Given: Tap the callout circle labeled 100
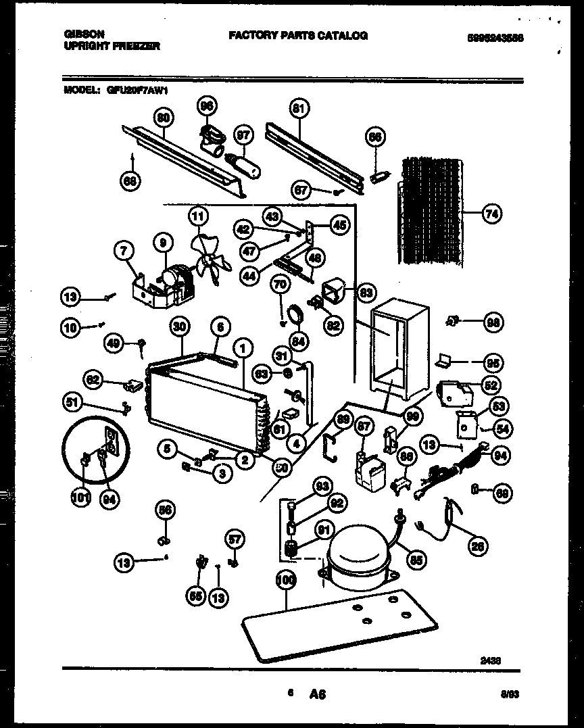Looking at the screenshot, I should (x=286, y=580).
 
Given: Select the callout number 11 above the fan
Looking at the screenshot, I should (x=197, y=218).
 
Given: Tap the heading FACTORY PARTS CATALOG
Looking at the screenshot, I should (x=298, y=35).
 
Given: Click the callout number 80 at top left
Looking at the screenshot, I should (x=162, y=117).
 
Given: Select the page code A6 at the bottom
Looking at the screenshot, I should (x=318, y=695).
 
